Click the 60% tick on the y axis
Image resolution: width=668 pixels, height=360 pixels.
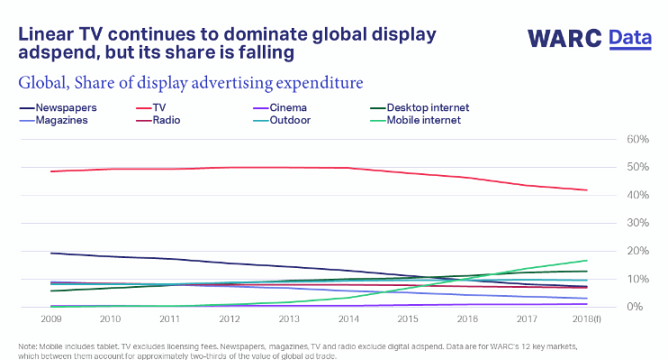pos(638,139)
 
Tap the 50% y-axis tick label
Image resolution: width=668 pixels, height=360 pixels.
pos(638,167)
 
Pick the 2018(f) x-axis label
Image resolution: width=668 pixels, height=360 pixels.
pos(586,320)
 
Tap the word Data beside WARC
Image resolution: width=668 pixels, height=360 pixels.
pos(632,38)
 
